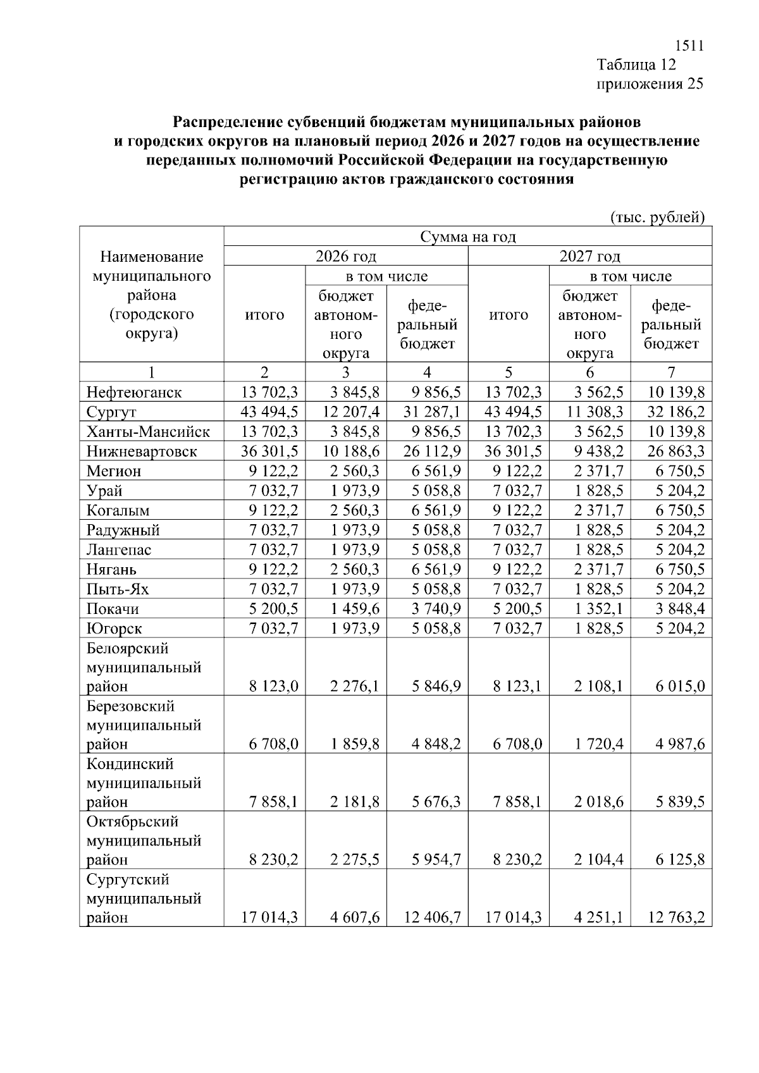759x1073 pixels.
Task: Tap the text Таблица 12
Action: tap(636, 64)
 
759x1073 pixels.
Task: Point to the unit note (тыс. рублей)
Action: tap(657, 218)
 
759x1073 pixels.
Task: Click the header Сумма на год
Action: tap(468, 237)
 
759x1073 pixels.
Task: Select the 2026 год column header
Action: tap(346, 256)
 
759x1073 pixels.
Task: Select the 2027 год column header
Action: tap(589, 256)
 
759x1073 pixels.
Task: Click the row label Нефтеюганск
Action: tap(134, 393)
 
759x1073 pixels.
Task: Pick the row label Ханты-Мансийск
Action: tap(148, 432)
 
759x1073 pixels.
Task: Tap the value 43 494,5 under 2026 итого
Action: tap(269, 412)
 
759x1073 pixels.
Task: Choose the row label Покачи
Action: tap(113, 609)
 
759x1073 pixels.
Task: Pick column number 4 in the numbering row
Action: tap(428, 372)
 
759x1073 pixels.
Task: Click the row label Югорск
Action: tap(114, 628)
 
